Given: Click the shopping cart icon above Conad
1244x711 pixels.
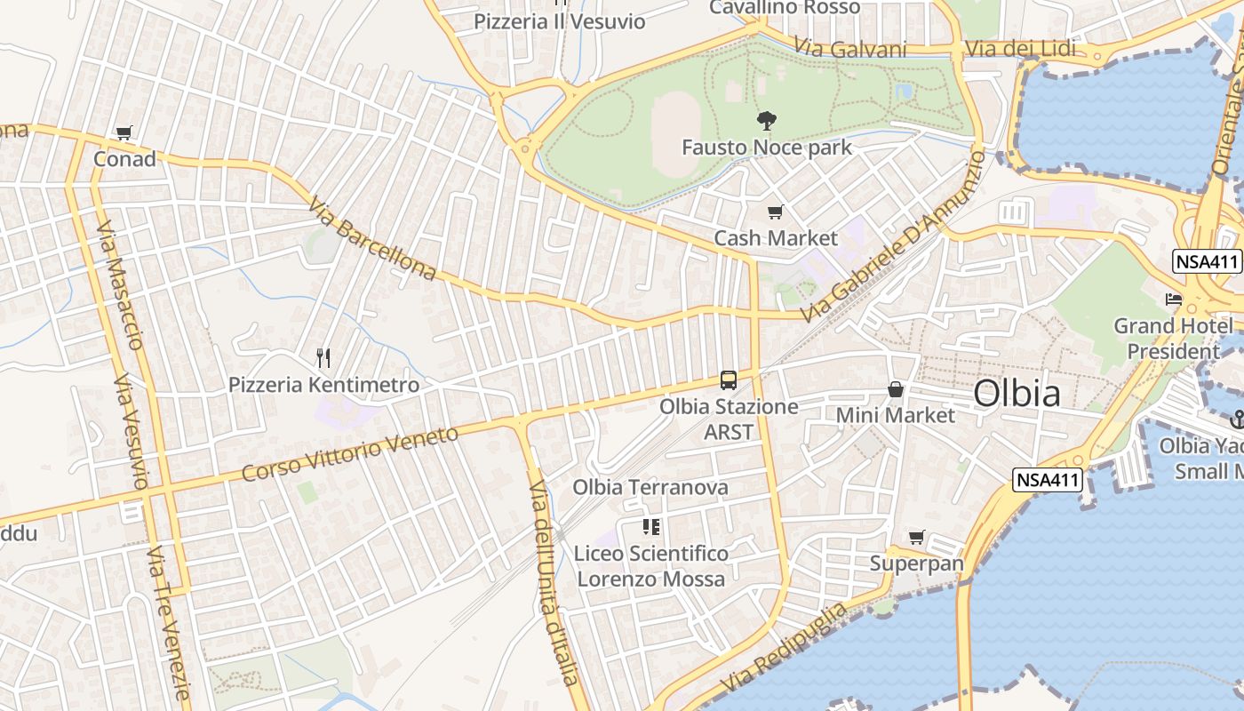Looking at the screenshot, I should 124,133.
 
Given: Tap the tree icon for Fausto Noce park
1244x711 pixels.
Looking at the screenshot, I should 766,121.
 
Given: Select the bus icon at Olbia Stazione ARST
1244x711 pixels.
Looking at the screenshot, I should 729,380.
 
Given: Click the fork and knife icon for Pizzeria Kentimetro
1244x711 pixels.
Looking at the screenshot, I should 323,358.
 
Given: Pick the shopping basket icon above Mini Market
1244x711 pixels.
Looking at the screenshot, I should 896,389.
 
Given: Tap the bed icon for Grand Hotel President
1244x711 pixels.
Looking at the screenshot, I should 1174,300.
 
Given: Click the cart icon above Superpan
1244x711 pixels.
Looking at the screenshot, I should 917,537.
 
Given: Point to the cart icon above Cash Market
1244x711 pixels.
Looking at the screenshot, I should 776,212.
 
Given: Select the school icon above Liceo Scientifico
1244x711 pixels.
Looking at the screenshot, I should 650,527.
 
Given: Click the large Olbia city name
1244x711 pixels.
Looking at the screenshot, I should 1017,393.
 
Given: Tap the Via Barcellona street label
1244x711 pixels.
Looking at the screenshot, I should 372,239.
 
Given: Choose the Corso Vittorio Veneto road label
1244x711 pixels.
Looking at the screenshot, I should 350,453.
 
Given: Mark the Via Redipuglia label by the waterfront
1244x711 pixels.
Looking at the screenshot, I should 785,650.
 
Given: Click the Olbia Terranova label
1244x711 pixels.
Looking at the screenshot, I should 650,487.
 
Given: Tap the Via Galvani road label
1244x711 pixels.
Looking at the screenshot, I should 850,49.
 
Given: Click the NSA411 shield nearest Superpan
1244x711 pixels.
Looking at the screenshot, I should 1048,480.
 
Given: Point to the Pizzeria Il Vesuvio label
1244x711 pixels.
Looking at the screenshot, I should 559,21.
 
